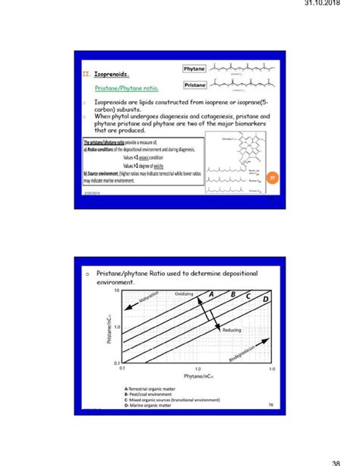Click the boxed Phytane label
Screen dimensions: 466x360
click(194, 69)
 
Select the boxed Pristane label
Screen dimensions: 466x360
click(194, 84)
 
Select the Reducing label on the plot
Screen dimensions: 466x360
click(232, 330)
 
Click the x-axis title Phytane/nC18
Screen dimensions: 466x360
click(197, 377)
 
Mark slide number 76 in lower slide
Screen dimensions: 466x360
click(270, 405)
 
